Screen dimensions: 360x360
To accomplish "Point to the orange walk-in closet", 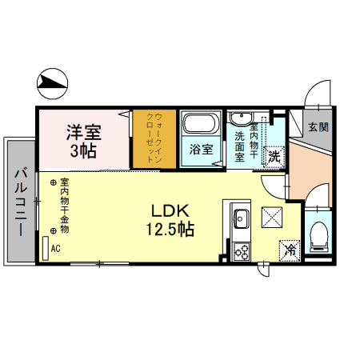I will click(153, 138).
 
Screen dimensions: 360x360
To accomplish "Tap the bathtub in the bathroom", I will click(200, 125).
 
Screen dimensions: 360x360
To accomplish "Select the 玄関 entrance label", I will click(318, 126).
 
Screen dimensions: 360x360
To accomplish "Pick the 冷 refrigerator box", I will click(290, 250).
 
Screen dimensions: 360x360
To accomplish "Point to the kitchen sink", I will click(241, 217).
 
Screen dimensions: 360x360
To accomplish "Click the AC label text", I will click(55, 248).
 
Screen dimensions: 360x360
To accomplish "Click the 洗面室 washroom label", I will click(240, 146).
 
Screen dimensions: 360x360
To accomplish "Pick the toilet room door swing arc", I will click(316, 195).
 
